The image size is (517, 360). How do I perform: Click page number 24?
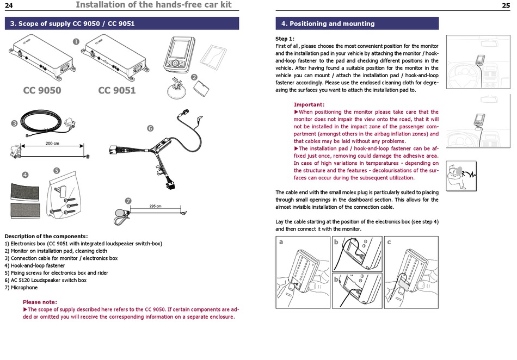click(9, 5)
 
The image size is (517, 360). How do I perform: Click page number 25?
click(506, 5)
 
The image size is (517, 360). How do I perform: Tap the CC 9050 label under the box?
click(42, 90)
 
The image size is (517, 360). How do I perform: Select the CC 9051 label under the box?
click(116, 90)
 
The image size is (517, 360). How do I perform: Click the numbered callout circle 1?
click(76, 41)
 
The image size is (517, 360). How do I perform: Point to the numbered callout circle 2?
click(194, 77)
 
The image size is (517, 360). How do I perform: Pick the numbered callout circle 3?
click(14, 123)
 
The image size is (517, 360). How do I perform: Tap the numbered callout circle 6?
click(150, 128)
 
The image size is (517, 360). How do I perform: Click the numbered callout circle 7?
click(128, 201)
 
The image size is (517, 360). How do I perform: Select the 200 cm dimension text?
click(52, 144)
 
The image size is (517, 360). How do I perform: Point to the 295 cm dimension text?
click(155, 207)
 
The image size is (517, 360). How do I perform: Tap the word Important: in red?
click(309, 104)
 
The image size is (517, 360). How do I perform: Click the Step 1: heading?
click(285, 39)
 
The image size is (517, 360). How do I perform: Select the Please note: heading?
click(40, 302)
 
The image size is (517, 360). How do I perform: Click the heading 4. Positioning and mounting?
click(328, 24)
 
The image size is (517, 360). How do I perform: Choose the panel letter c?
click(389, 242)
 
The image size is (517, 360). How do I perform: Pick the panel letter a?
click(281, 242)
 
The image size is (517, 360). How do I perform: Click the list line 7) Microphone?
click(21, 287)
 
